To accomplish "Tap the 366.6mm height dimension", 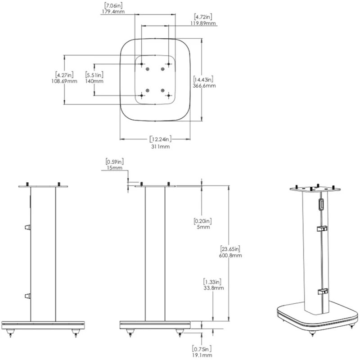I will tap(203, 85).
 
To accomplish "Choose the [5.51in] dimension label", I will tap(94, 74).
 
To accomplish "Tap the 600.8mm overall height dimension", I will tap(231, 255).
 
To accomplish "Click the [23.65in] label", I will tap(231, 248).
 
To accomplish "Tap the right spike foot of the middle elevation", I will tap(180, 333).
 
